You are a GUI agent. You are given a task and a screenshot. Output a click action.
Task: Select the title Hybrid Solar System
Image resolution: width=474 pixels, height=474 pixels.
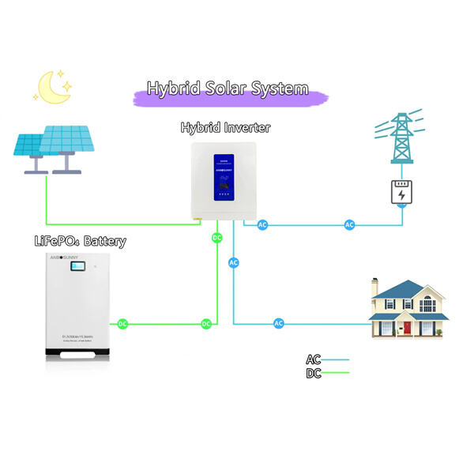coord(228,88)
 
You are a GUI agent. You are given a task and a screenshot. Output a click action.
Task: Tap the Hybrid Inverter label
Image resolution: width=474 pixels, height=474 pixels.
coord(225,127)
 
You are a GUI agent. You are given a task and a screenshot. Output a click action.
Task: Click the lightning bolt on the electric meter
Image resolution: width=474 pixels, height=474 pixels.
coord(402,194)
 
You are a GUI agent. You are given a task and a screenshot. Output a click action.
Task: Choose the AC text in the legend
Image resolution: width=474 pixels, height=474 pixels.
coord(314,359)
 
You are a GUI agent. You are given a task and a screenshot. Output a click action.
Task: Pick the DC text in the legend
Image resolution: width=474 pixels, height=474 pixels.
coord(314,373)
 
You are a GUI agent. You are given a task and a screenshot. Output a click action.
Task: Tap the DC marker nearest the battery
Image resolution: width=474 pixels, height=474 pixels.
coord(122,324)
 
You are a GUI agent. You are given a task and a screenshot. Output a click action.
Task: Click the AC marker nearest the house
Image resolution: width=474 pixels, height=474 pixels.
coord(278,324)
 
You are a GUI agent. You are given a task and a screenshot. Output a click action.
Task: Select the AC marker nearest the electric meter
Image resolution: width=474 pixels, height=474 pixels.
coord(350,225)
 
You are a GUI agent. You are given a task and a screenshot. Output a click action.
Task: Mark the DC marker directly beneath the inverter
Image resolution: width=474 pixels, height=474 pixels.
coord(217,237)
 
